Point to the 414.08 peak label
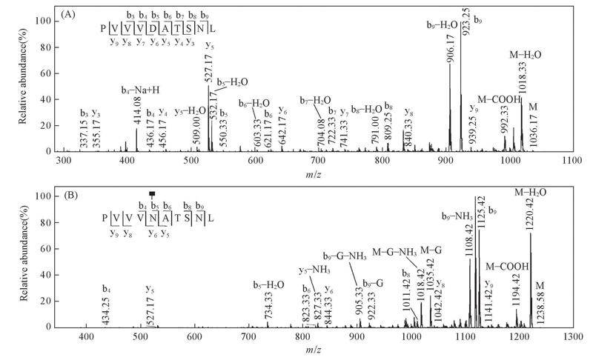pos(136,113)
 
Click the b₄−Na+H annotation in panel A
pos(141,90)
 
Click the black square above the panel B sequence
pos(152,194)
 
